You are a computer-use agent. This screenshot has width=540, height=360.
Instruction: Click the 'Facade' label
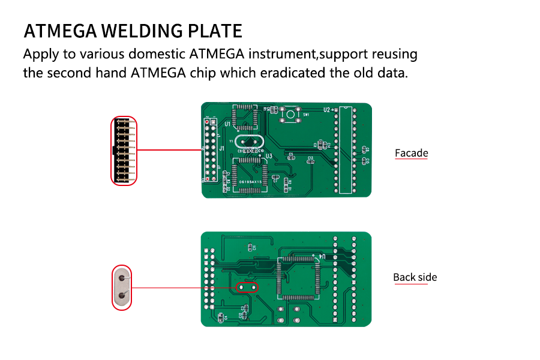(411, 153)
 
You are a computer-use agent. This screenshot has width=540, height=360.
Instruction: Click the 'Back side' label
(415, 277)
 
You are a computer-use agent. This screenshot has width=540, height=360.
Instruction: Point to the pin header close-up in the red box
(124, 150)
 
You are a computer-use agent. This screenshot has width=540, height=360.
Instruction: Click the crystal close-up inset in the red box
(122, 287)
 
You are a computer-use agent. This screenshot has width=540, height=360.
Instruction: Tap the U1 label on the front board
(227, 124)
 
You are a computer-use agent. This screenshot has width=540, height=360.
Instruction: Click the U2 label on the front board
(327, 110)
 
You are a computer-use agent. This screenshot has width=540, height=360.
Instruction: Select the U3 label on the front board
(269, 156)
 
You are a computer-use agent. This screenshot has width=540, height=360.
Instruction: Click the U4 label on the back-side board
(326, 257)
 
